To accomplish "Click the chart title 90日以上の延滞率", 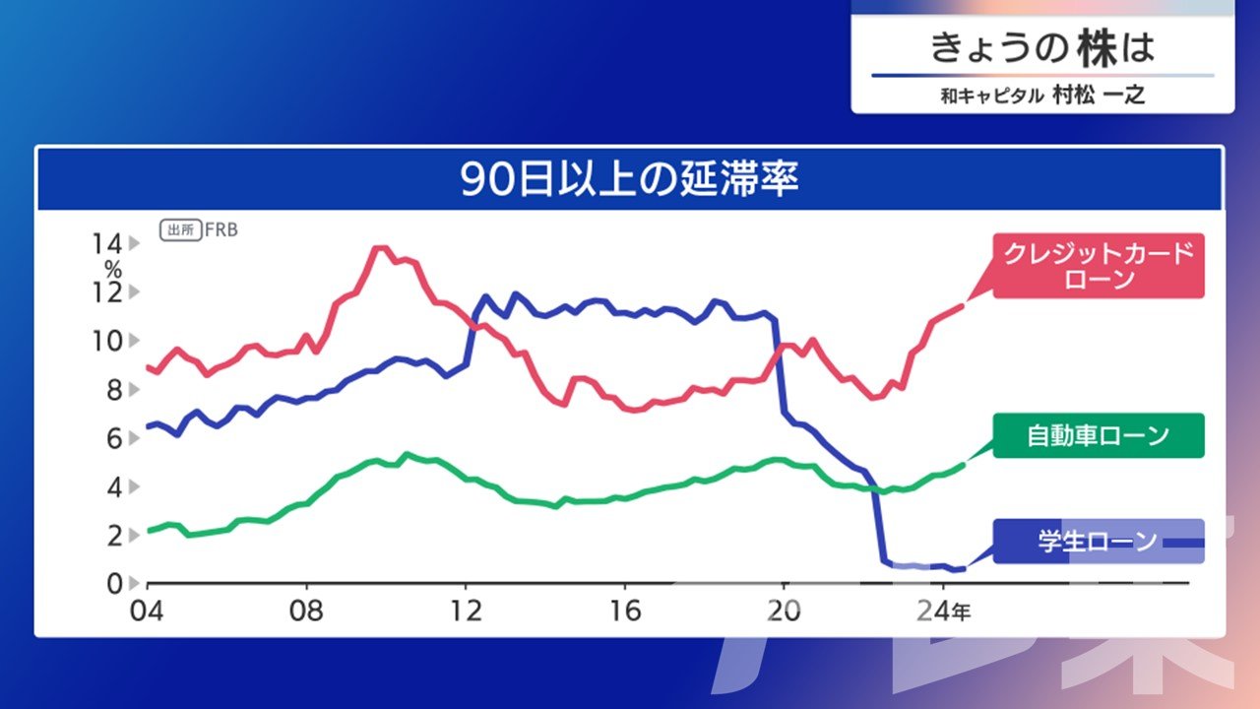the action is [629, 179].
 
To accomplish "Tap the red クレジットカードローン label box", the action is [1099, 266].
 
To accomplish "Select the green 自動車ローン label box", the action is [1099, 435].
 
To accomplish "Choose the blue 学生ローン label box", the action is [1099, 542].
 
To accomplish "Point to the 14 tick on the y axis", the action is [107, 243].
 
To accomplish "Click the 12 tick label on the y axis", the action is [107, 292].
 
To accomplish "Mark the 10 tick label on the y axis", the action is [107, 341].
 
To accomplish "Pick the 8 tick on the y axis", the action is [114, 390].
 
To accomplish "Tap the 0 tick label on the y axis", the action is [114, 584].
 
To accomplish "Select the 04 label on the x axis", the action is [147, 612].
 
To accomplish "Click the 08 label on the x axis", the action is [306, 612].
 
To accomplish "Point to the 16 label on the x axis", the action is [625, 612].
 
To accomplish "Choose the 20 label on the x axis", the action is [784, 612].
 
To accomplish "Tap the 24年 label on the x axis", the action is [944, 612].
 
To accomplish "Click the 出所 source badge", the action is [180, 230].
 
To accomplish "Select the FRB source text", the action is [221, 229].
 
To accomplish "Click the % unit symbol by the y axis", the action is [113, 270].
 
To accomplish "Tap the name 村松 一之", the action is [1099, 96].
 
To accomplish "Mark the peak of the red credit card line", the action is [381, 247].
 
